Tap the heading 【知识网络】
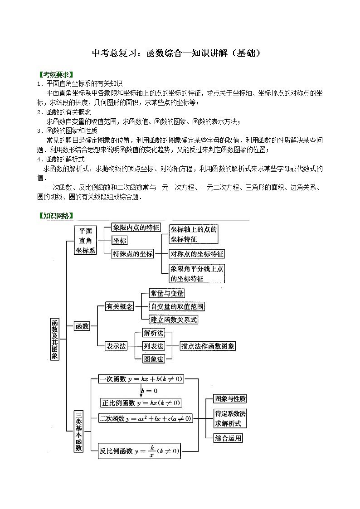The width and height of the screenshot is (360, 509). (x=56, y=216)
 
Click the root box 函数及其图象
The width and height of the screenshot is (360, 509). (x=54, y=339)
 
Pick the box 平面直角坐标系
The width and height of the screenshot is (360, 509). (x=86, y=240)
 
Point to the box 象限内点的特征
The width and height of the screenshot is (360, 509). (x=136, y=228)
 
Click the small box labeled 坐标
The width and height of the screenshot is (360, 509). (x=120, y=241)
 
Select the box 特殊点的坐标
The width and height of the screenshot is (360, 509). (x=133, y=254)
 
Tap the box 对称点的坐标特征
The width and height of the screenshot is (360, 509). (x=197, y=254)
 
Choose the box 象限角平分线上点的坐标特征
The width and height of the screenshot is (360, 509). (x=197, y=273)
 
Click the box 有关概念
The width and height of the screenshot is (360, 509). (x=120, y=306)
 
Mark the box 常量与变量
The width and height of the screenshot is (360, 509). (x=167, y=293)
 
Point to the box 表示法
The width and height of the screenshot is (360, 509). (x=116, y=346)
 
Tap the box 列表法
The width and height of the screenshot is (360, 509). (x=153, y=346)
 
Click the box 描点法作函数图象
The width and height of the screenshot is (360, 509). (x=208, y=346)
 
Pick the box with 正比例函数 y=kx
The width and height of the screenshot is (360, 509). (x=141, y=402)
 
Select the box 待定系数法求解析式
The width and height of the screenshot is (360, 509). (x=230, y=418)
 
